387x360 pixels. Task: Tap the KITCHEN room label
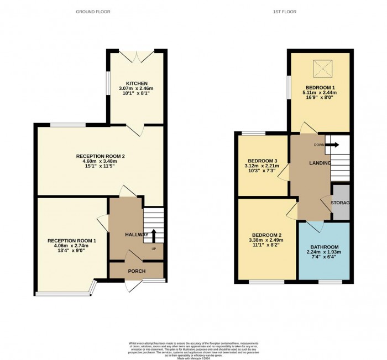coord(136,83)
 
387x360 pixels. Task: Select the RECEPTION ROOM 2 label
coord(101,156)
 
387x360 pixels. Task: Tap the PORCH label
coord(137,271)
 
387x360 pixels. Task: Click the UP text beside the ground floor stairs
coord(153,248)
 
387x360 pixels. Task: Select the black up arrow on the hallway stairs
coord(154,235)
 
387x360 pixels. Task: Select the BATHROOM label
coord(324,247)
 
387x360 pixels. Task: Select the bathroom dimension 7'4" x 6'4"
coord(324,259)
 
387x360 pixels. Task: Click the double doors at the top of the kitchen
coord(136,56)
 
